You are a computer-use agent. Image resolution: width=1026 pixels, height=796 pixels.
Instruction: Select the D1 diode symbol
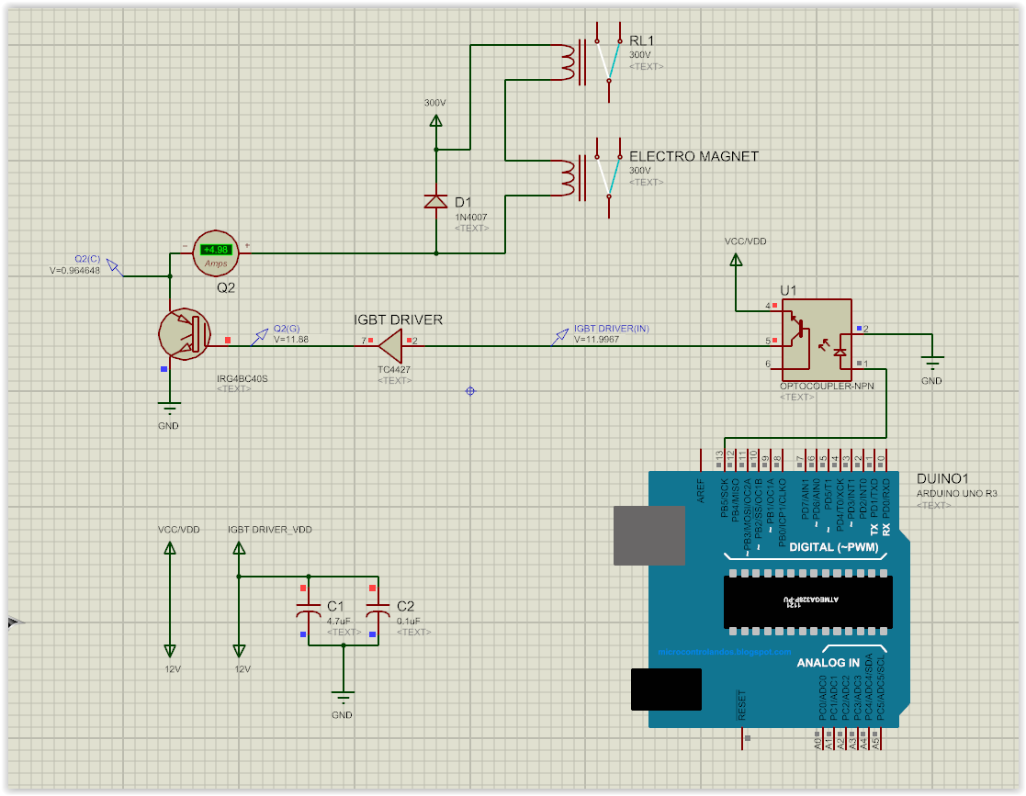[435, 201]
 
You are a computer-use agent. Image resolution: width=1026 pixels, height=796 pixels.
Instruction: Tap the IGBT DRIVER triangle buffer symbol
[390, 346]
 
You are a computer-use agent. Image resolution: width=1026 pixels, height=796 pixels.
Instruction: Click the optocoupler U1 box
[816, 339]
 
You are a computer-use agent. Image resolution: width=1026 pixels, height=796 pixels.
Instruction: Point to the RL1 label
[641, 41]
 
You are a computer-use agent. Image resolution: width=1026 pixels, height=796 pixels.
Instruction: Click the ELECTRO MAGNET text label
[693, 156]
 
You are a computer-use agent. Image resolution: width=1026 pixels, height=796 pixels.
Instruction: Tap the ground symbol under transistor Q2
[169, 409]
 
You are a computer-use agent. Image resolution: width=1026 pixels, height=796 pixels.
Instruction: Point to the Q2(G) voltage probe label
[287, 329]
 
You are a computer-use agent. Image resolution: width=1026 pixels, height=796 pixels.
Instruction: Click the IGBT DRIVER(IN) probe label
[611, 328]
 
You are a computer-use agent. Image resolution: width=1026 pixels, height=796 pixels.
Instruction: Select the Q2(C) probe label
[87, 259]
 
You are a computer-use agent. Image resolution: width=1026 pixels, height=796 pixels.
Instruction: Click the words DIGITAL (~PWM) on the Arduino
[833, 547]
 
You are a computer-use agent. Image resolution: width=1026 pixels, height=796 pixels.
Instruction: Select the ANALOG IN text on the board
[828, 662]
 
